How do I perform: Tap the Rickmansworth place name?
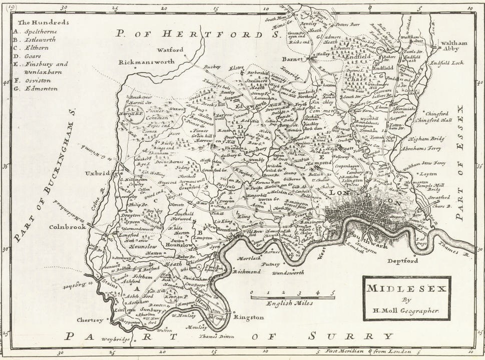click(147, 62)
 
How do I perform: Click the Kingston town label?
click(249, 317)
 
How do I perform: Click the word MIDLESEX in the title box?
click(406, 289)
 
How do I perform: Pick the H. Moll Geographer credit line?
click(406, 310)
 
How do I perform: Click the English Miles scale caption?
click(290, 302)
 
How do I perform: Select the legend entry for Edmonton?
click(39, 89)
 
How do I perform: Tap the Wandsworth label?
click(288, 273)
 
